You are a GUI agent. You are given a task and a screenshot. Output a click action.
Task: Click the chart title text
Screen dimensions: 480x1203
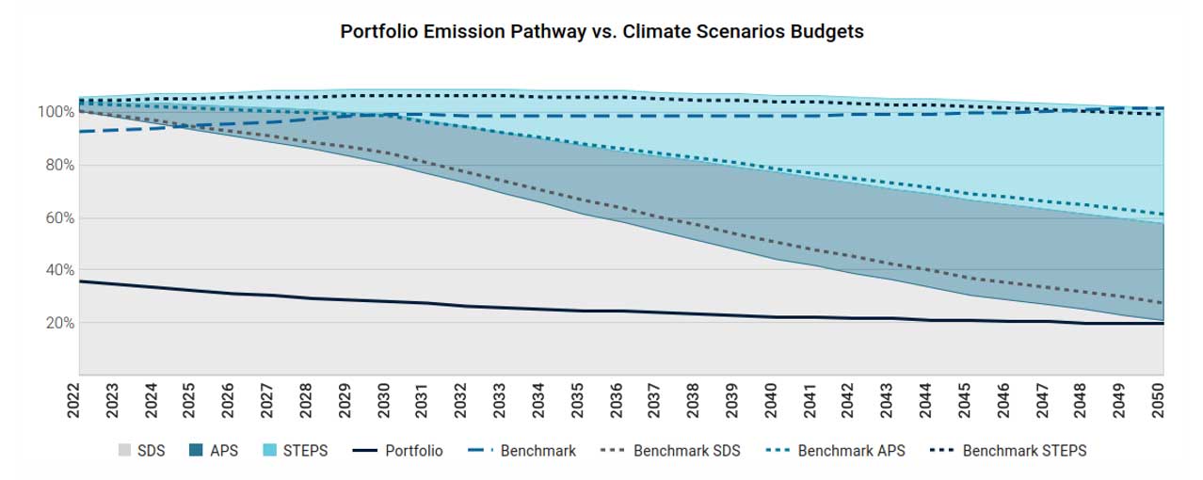[x=601, y=31]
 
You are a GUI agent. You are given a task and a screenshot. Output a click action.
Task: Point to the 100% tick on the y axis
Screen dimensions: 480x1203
[x=56, y=112]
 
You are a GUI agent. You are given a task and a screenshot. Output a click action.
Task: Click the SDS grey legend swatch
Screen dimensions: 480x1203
[x=123, y=451]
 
